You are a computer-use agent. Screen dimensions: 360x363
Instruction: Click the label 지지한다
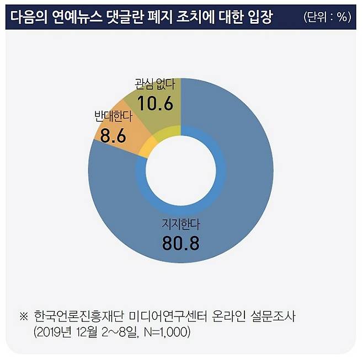pos(180,225)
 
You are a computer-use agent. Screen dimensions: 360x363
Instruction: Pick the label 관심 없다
pos(154,85)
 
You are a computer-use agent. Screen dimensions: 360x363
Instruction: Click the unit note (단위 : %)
pos(327,17)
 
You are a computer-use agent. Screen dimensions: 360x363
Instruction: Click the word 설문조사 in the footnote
pos(281,316)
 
